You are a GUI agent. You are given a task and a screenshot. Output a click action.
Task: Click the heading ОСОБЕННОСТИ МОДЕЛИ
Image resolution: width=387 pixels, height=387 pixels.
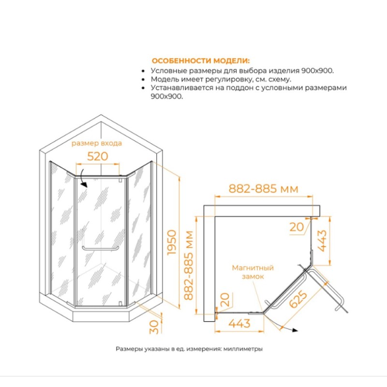click(x=201, y=61)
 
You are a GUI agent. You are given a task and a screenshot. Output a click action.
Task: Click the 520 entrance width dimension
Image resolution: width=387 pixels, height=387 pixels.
click(x=98, y=156)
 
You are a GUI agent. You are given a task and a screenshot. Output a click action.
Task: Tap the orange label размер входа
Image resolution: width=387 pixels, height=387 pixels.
click(x=96, y=143)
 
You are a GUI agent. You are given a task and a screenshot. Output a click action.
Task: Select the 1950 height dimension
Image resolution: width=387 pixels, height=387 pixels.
click(x=172, y=243)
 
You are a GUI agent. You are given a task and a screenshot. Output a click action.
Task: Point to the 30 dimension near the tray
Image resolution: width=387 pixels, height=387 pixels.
click(x=154, y=327)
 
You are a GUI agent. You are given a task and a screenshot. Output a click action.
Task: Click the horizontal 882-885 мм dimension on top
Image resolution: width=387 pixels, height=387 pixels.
click(x=263, y=189)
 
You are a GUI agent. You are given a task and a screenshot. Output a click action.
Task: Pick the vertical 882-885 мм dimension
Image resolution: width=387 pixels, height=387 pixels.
click(x=189, y=265)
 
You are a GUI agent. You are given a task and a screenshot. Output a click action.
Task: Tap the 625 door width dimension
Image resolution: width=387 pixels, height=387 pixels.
click(x=298, y=299)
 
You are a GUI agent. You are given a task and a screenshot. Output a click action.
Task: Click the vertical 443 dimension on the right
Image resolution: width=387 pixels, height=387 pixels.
click(x=322, y=240)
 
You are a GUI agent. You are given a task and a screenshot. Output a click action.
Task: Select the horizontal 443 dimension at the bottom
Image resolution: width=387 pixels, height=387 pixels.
click(x=239, y=323)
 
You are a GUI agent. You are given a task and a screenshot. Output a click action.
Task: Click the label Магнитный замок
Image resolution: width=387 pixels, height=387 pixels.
click(x=253, y=272)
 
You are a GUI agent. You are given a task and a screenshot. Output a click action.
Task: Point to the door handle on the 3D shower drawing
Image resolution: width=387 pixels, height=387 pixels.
click(x=101, y=248)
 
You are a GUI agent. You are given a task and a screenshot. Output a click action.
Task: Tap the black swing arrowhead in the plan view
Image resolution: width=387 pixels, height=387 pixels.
click(x=295, y=330)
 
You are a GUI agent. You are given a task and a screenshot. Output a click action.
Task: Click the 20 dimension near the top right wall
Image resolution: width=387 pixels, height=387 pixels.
click(x=297, y=227)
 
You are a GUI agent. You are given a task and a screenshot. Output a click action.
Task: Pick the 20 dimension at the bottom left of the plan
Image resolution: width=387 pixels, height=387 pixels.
click(x=224, y=299)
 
